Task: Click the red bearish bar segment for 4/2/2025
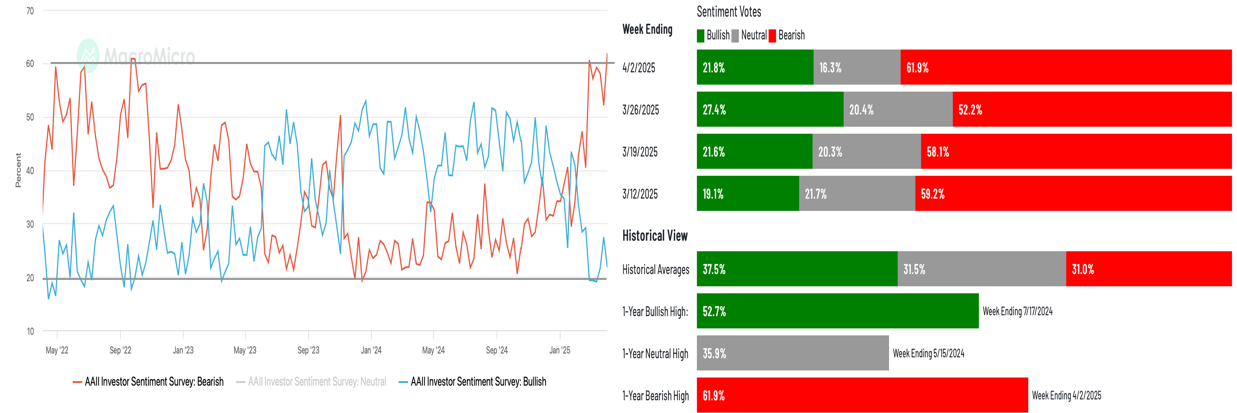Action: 1066,67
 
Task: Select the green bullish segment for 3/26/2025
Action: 770,109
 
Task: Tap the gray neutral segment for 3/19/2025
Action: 866,152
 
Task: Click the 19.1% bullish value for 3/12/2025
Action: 713,194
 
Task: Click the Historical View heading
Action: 654,235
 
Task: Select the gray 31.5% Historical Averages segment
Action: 981,269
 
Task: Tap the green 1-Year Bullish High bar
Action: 837,311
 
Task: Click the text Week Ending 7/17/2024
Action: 1017,311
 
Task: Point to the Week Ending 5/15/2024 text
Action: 928,353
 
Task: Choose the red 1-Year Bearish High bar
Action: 862,395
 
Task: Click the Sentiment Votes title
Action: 729,12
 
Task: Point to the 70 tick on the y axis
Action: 30,11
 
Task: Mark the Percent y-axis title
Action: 18,170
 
